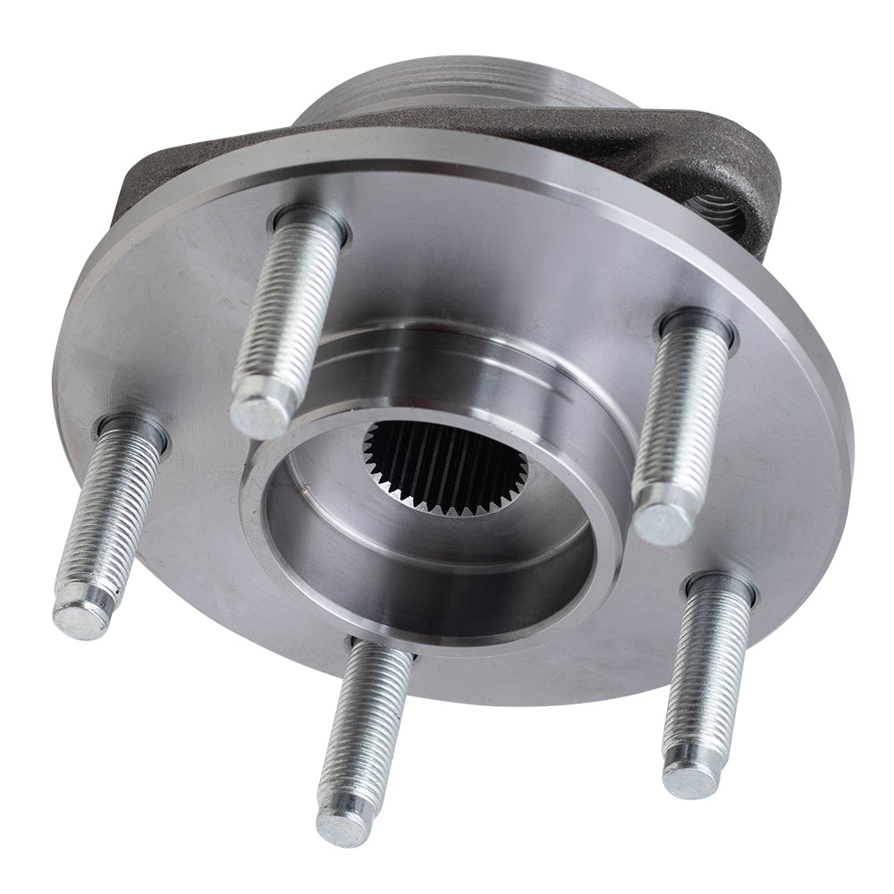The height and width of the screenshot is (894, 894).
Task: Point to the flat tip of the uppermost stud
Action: (x=260, y=415)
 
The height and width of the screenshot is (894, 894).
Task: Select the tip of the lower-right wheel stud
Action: (x=690, y=778)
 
